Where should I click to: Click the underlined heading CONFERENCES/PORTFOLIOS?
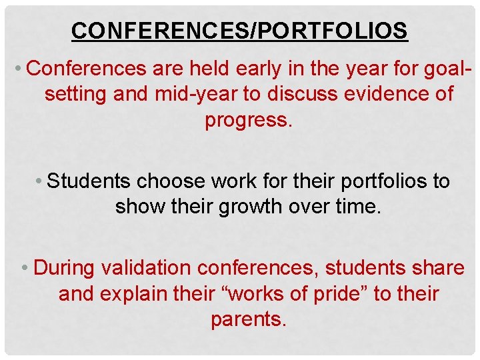239,30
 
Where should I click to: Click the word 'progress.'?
249,120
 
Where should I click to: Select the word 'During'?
65,267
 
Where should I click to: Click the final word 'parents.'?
249,319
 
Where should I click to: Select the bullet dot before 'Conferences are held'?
21,69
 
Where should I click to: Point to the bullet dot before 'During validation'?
25,268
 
